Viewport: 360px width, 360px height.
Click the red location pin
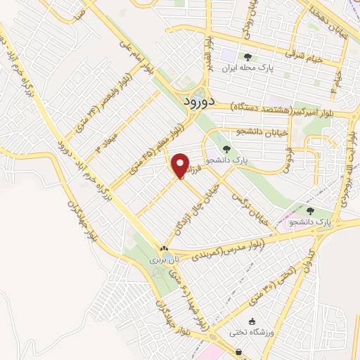pyautogui.click(x=181, y=165)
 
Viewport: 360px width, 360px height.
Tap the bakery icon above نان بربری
pyautogui.click(x=164, y=248)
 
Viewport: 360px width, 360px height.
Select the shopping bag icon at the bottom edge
pyautogui.click(x=239, y=352)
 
